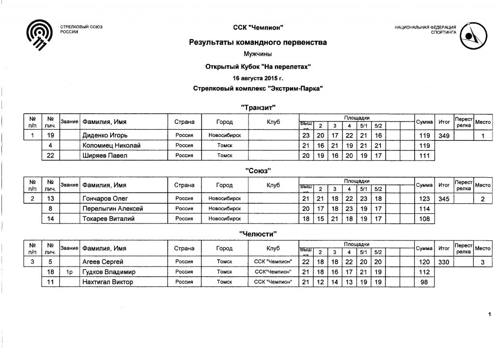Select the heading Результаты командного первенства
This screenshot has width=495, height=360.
[x=257, y=43]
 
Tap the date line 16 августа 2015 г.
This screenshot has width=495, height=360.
[x=257, y=77]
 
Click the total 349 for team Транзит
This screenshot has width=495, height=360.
[x=443, y=135]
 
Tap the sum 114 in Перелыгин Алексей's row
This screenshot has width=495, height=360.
[x=424, y=209]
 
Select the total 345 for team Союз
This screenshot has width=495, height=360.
[x=443, y=199]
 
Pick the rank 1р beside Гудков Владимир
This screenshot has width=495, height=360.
[x=69, y=272]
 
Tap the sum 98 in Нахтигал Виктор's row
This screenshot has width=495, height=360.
[x=424, y=282]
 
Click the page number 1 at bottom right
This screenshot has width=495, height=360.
[x=489, y=315]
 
